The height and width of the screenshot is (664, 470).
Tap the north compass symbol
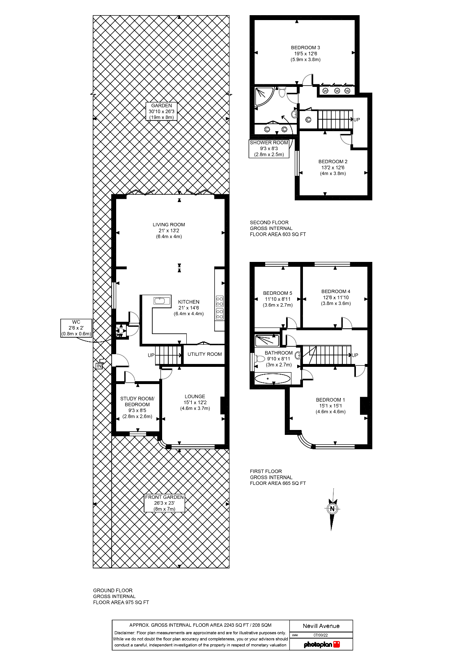pyautogui.click(x=332, y=509)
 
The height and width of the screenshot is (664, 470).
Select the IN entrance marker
pyautogui.click(x=99, y=366)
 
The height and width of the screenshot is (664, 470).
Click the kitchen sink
pyautogui.click(x=162, y=301)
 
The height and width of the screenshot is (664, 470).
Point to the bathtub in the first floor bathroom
pyautogui.click(x=273, y=379)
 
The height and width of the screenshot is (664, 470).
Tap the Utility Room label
pyautogui.click(x=204, y=354)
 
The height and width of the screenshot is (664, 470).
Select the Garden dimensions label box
pyautogui.click(x=161, y=111)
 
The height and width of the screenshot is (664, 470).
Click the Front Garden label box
pyautogui.click(x=164, y=503)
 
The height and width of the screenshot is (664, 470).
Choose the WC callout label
pyautogui.click(x=76, y=328)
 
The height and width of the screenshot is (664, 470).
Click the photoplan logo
pyautogui.click(x=321, y=644)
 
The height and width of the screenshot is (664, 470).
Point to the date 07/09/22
pyautogui.click(x=321, y=635)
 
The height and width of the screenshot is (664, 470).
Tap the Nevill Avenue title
pyautogui.click(x=321, y=626)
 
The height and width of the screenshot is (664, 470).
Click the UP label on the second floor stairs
pyautogui.click(x=356, y=120)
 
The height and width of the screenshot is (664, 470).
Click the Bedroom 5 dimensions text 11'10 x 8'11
pyautogui.click(x=277, y=299)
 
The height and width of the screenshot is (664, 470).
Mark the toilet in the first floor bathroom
pyautogui.click(x=259, y=359)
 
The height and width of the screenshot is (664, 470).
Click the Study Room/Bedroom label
pyautogui.click(x=137, y=402)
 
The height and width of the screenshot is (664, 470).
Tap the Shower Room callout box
pyautogui.click(x=269, y=148)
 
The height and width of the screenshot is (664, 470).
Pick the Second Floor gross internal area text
pyautogui.click(x=278, y=228)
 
